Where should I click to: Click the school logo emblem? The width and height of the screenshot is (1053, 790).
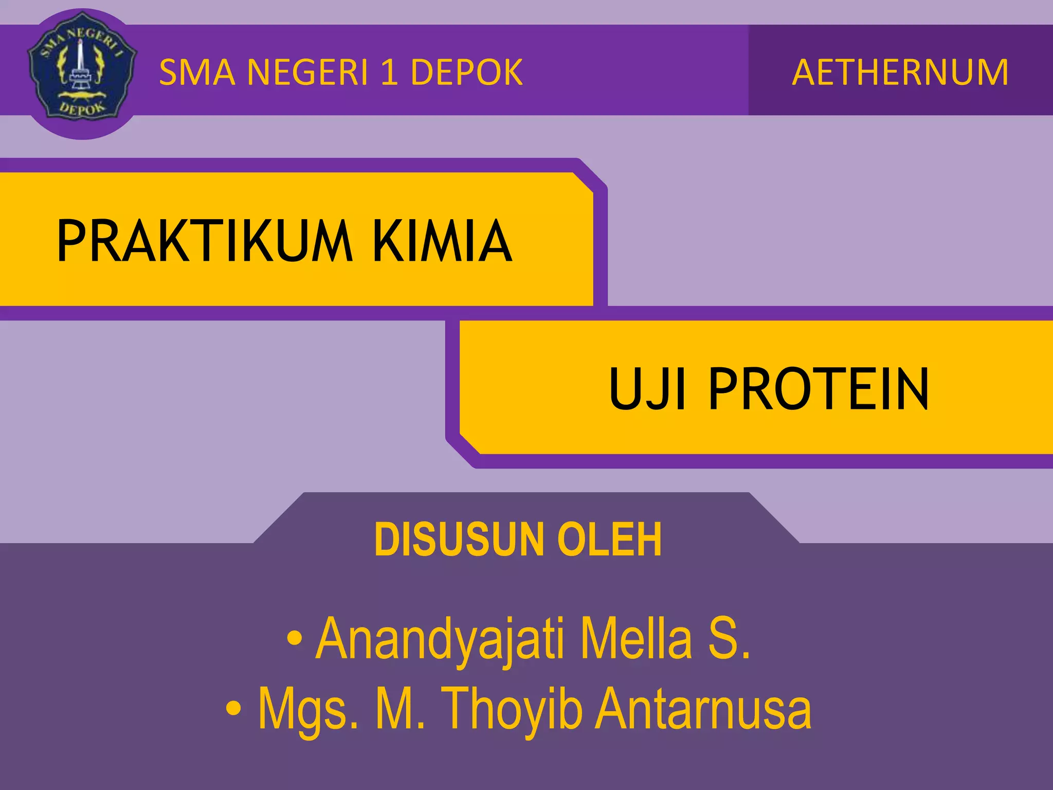(82, 74)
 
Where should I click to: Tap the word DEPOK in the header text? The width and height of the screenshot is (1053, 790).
(466, 73)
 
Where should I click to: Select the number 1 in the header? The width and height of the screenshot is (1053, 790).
(390, 73)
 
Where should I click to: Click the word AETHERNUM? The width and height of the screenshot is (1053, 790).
(900, 73)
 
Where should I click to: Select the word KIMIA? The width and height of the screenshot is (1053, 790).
(442, 241)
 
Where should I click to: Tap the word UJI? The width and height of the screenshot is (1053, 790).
(647, 389)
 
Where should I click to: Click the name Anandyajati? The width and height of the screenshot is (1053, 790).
(441, 639)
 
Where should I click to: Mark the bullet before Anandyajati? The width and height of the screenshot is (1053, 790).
(294, 639)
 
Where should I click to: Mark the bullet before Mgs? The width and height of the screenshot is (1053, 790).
(233, 709)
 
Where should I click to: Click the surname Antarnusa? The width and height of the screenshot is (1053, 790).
(703, 709)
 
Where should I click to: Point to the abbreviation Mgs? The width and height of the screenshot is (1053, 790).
(307, 709)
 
